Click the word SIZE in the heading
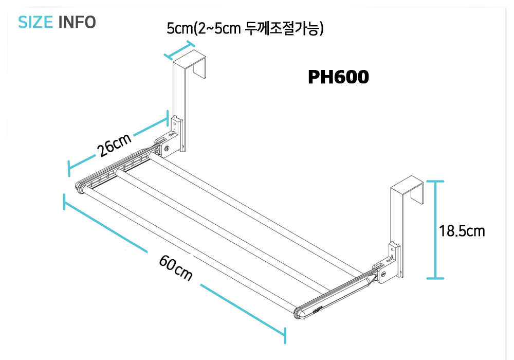tap(35, 23)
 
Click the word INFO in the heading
tap(77, 23)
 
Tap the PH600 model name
tap(338, 77)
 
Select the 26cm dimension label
tap(114, 146)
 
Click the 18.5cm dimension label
tap(462, 231)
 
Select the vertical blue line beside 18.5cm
tap(435, 229)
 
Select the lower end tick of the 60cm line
tap(284, 335)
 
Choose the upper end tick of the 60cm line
tap(64, 202)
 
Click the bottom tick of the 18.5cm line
tap(435, 278)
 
